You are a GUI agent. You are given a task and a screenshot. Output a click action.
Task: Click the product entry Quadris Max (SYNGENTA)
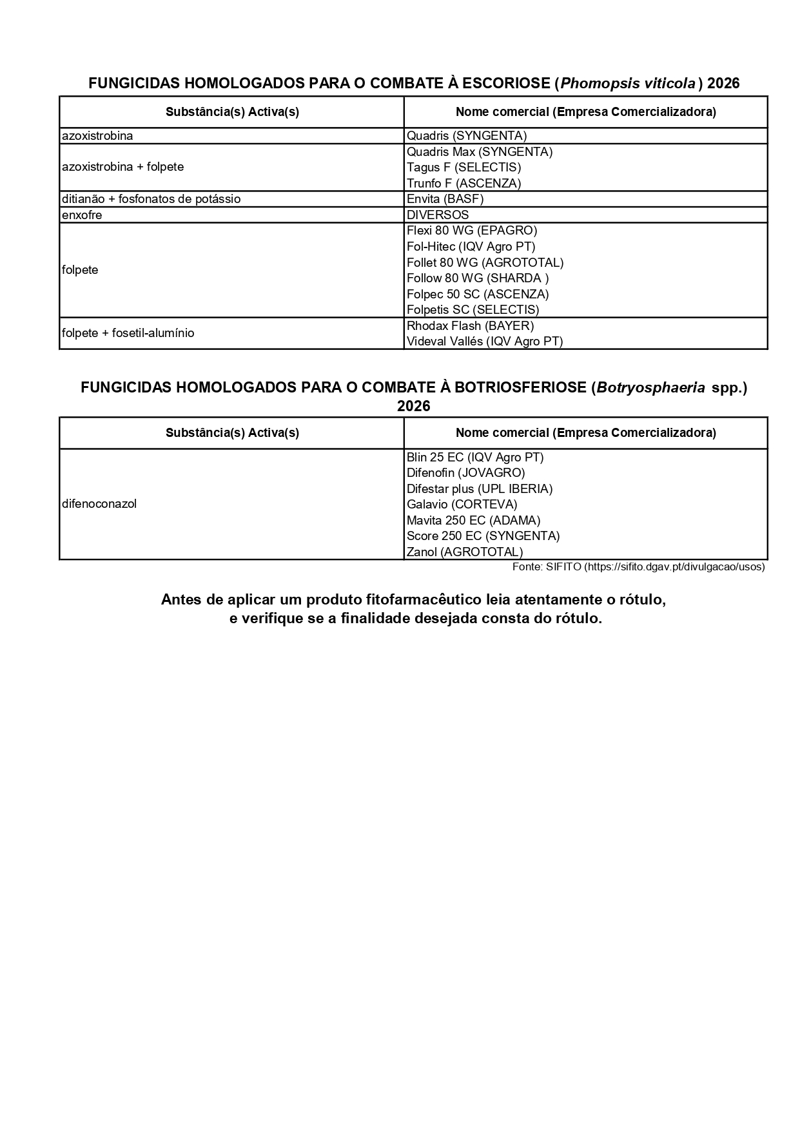coord(480,152)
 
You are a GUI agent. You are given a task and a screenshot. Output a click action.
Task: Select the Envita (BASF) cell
coord(445,199)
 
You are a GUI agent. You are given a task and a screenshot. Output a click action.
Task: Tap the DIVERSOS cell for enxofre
coord(438,215)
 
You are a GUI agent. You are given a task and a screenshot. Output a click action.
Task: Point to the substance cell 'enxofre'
coord(82,215)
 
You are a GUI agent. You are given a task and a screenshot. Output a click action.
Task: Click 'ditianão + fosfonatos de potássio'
coord(151,199)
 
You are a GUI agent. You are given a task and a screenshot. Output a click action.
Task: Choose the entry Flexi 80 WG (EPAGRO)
coord(472,231)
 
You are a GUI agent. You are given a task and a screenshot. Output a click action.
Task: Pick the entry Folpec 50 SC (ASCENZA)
coord(478,295)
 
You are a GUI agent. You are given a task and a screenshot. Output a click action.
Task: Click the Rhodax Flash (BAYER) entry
coord(470,326)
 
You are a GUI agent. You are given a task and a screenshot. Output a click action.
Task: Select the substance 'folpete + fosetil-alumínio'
coord(128,333)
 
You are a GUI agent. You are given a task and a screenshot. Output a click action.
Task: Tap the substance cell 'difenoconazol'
coord(99,504)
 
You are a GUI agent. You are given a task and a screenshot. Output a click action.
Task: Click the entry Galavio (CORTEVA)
coord(462,505)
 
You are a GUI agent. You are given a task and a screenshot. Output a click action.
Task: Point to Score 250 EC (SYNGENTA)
coord(483,536)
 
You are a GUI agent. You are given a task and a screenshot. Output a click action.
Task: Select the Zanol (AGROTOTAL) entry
coord(465,552)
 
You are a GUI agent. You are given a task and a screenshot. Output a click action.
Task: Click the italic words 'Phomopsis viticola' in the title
coord(628,84)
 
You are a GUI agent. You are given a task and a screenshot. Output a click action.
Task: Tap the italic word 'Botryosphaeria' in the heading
coord(650,388)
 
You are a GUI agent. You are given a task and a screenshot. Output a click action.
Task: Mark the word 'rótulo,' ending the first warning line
coord(642,600)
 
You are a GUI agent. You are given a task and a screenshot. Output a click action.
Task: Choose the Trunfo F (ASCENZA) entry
coord(463,184)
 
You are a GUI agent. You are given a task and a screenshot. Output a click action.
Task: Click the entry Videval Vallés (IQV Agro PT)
coord(485,342)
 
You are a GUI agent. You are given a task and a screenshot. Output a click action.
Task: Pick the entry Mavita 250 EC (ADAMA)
coord(473,521)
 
